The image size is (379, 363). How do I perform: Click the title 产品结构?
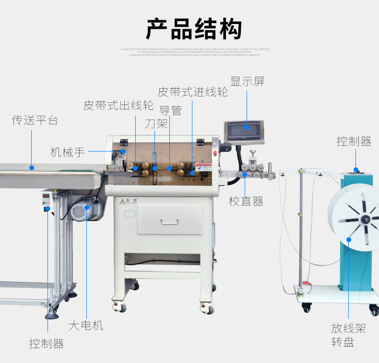click(194, 30)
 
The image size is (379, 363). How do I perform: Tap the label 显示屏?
click(247, 82)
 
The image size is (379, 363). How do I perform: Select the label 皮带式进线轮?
click(193, 92)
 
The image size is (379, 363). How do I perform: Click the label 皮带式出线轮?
click(118, 105)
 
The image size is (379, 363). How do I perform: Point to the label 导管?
click(170, 111)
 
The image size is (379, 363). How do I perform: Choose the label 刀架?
click(156, 124)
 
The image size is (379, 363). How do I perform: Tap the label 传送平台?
click(35, 120)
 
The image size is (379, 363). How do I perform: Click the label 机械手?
click(68, 152)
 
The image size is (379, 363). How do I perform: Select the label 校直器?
click(246, 201)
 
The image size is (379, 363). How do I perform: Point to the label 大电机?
click(86, 326)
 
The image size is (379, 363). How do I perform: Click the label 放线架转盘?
click(348, 335)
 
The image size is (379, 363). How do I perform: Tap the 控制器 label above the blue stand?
click(354, 141)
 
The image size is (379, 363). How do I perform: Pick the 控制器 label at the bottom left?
click(47, 344)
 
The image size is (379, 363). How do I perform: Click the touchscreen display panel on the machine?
click(245, 130)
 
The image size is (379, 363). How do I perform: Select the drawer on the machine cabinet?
click(170, 220)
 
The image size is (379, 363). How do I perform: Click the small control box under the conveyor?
click(47, 201)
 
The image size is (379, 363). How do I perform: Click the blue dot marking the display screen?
click(247, 127)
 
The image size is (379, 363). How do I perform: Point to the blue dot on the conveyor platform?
click(32, 168)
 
